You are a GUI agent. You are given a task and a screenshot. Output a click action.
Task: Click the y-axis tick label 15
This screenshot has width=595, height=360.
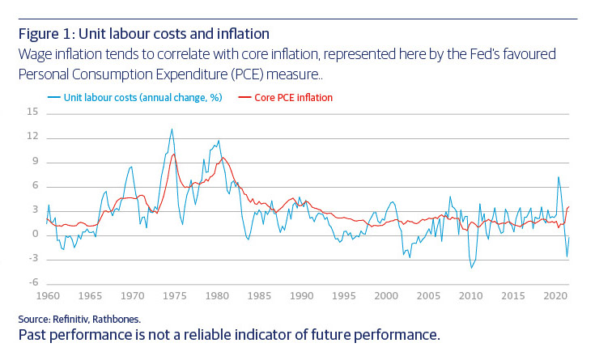pyautogui.click(x=33, y=112)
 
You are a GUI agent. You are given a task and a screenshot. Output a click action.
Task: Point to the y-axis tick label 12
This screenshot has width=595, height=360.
pyautogui.click(x=33, y=136)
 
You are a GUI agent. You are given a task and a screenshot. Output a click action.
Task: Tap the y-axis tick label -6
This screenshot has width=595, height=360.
pyautogui.click(x=33, y=282)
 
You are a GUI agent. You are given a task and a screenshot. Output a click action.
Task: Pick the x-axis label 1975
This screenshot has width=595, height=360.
pyautogui.click(x=175, y=296)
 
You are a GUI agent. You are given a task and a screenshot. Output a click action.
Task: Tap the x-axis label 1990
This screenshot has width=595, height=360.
pyautogui.click(x=301, y=296)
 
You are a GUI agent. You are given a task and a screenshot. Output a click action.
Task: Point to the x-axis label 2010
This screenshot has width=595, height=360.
pyautogui.click(x=470, y=296)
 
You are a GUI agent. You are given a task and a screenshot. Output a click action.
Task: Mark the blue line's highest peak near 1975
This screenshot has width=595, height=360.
pyautogui.click(x=172, y=129)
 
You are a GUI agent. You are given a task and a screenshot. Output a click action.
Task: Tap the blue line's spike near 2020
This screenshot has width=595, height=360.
pyautogui.click(x=558, y=176)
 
